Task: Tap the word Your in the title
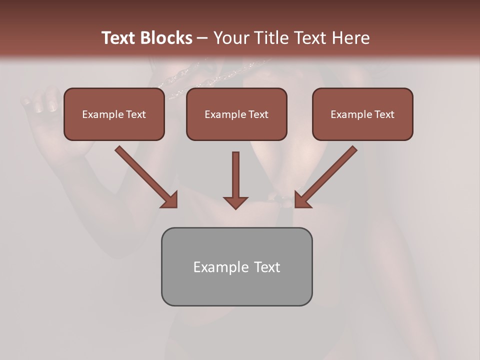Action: [230, 37]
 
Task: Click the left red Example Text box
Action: [114, 114]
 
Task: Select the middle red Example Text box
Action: [236, 114]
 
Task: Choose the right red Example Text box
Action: [362, 114]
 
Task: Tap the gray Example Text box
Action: [236, 266]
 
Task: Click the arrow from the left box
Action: [142, 173]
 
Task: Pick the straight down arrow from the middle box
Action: [235, 175]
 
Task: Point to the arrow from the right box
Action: [330, 173]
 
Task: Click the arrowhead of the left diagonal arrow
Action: [170, 200]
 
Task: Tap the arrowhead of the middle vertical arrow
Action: [235, 202]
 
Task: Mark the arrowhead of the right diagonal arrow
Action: [302, 200]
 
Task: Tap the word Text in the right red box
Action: [384, 114]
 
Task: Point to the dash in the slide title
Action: [202, 38]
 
